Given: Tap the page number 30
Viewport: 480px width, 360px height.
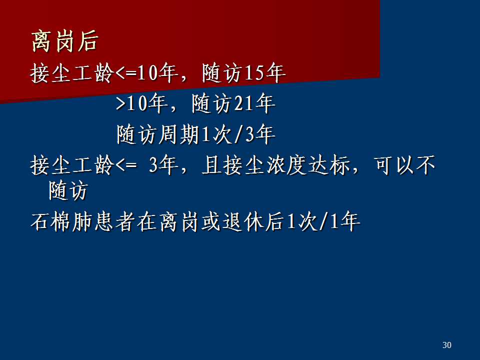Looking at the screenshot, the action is pos(446,345).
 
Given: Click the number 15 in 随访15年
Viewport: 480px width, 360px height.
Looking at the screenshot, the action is pos(254,73).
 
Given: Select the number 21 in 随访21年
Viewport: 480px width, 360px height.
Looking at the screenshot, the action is pos(244,103).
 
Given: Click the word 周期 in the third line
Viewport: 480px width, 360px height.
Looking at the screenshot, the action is pos(179,134).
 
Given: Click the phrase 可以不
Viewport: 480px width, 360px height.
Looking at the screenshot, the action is pos(404,165).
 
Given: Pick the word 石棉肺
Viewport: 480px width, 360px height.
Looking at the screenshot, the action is pos(62,221).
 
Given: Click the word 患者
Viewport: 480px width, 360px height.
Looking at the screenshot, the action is pos(115,221).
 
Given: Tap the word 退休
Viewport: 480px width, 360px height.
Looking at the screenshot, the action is pos(243,221).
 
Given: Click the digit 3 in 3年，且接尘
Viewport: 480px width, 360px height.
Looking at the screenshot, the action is pos(153,165).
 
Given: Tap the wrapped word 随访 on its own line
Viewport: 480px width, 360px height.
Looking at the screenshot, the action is pos(68,190).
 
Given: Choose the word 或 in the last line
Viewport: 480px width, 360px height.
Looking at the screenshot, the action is pos(211,221).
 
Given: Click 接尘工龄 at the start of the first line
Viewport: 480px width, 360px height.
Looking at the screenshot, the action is pos(72,73).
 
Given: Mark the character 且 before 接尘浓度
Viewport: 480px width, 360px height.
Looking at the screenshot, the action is pos(211,165).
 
